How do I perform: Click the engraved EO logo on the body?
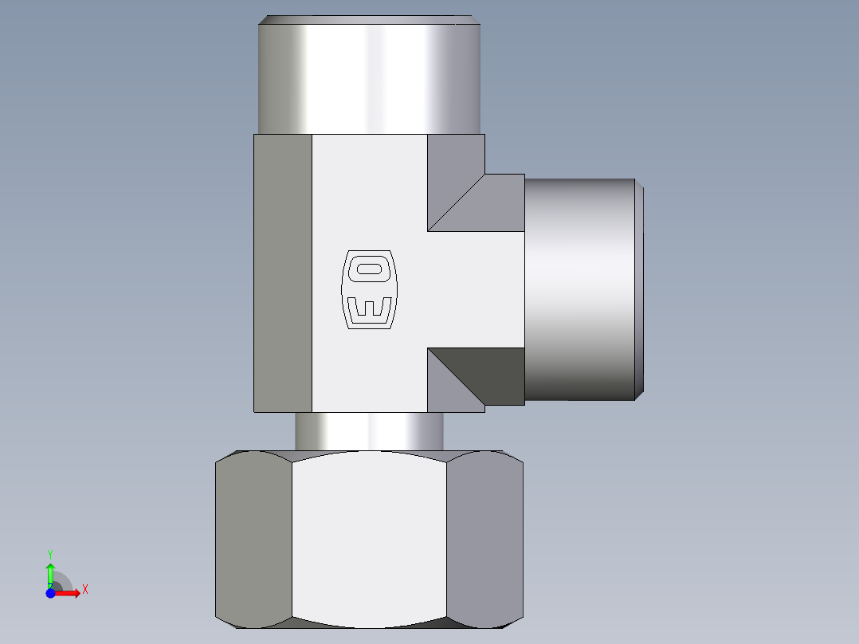coord(369,290)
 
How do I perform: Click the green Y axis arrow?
coord(50,575)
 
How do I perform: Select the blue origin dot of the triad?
coord(50,593)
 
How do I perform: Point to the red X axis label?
coord(85,590)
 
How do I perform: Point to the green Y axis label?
coord(50,555)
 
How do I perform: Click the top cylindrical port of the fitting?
coord(369,79)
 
